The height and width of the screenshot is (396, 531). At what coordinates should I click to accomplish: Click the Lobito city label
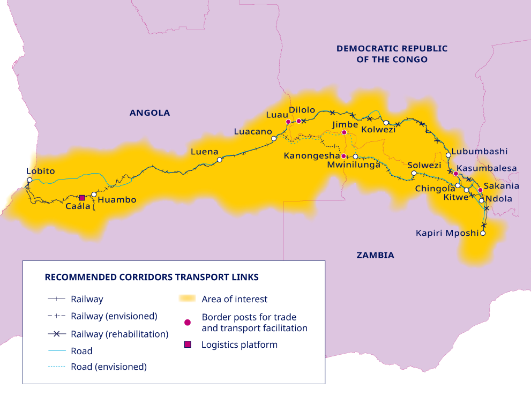(x=41, y=171)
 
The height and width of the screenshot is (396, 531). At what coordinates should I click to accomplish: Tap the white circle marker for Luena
(x=219, y=160)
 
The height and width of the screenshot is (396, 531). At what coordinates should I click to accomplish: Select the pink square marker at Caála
(x=82, y=198)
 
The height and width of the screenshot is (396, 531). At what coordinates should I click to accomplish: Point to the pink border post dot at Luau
(x=288, y=122)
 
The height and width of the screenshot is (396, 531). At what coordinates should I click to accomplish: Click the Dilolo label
(x=302, y=110)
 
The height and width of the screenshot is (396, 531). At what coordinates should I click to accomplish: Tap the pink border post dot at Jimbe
(x=344, y=132)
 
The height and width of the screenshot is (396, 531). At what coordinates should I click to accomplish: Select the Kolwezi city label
(x=378, y=130)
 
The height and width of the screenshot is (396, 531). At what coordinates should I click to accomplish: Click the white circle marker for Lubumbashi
(x=448, y=155)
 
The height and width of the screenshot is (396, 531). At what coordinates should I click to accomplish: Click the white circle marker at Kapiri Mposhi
(x=483, y=234)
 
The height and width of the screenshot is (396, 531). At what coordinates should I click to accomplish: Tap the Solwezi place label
(x=424, y=165)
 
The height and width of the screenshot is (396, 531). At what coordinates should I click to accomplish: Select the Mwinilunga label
(x=354, y=165)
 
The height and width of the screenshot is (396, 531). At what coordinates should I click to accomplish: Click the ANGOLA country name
(x=149, y=113)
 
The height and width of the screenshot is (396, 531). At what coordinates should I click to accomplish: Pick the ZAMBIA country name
(x=375, y=255)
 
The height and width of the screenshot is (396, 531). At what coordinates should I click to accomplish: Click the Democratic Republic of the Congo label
(x=392, y=54)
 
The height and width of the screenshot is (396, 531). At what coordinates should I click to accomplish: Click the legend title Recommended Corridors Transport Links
(x=152, y=277)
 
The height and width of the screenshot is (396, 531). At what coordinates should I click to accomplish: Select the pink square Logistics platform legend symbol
(x=187, y=345)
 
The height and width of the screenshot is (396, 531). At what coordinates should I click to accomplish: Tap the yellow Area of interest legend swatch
(x=187, y=299)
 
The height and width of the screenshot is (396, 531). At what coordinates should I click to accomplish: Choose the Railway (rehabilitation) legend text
(x=119, y=334)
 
